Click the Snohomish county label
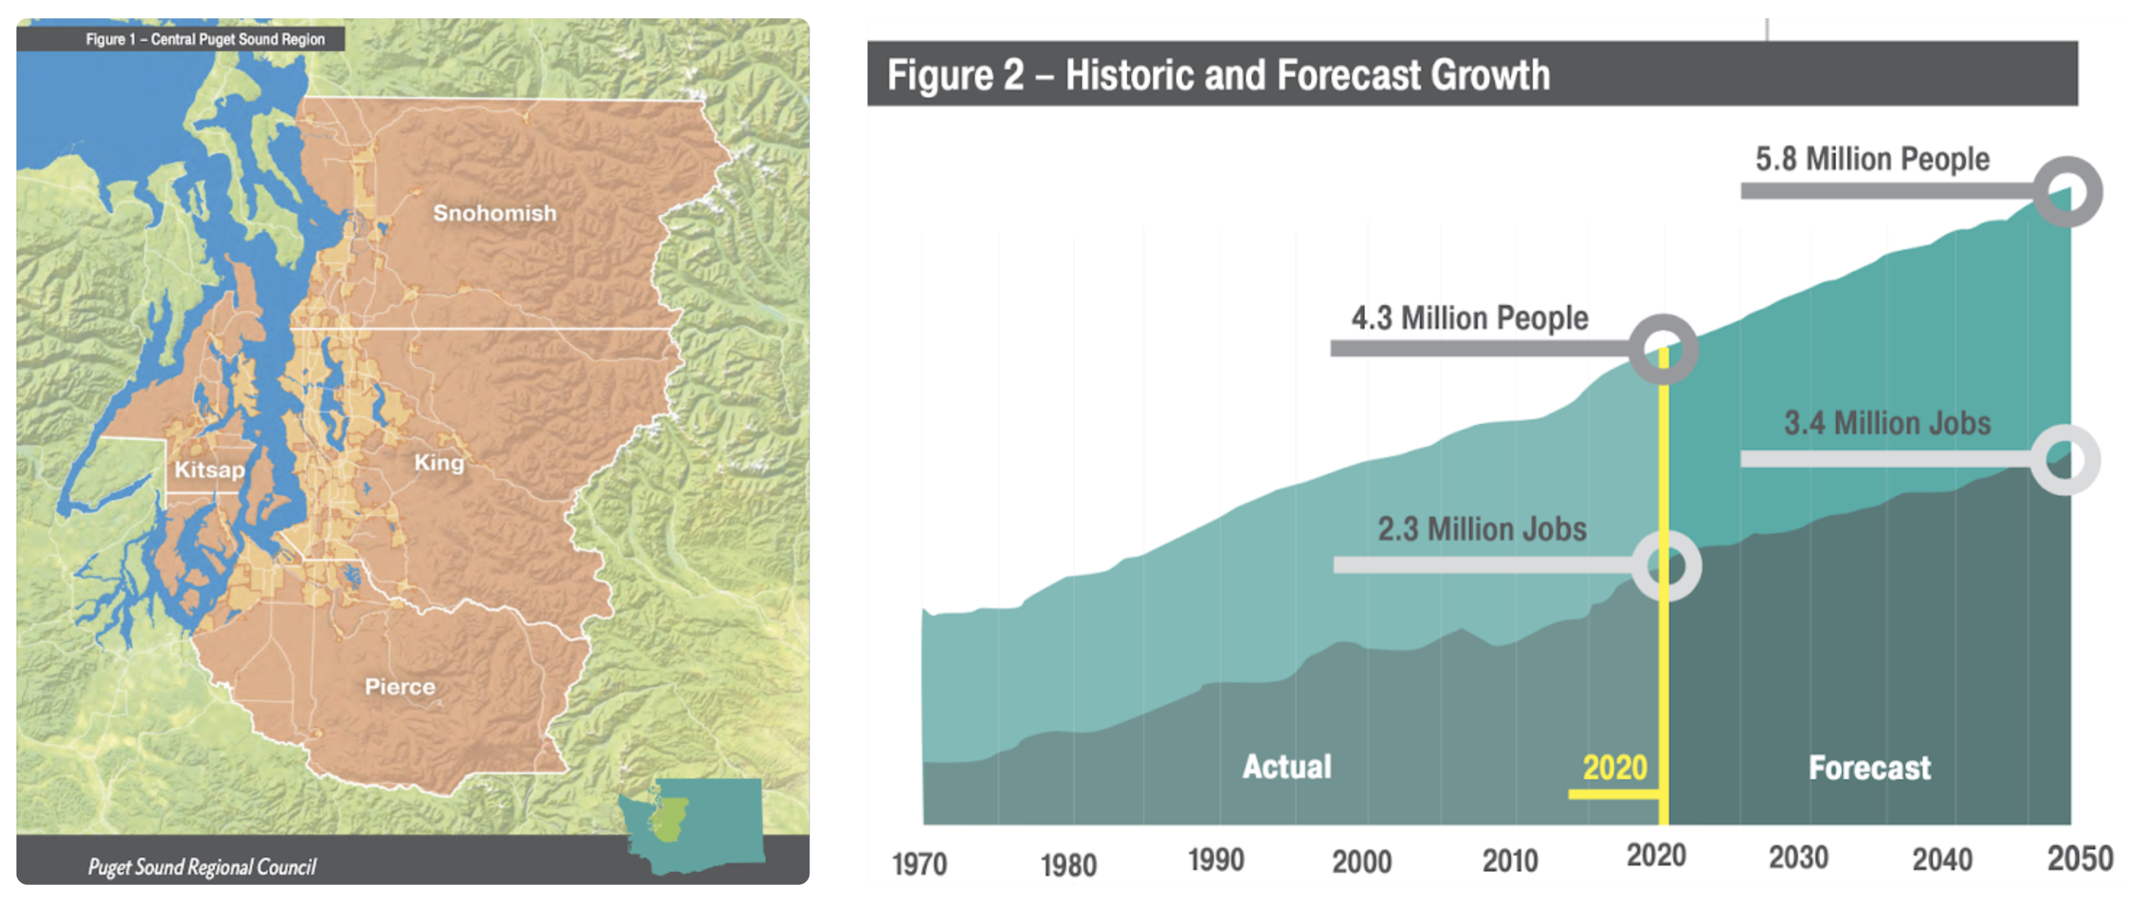(495, 213)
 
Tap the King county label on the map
(439, 463)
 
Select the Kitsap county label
(209, 470)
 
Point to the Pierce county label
(400, 687)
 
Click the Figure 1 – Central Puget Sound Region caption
(205, 39)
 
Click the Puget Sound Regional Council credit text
(202, 866)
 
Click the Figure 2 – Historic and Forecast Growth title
(1219, 75)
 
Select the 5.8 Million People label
(1872, 159)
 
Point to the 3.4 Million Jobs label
(1887, 424)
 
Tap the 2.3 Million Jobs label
(1482, 529)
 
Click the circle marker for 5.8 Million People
(2067, 192)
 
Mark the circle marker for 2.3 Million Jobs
(1667, 566)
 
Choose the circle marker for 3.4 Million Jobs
(2066, 460)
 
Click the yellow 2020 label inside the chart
(1615, 768)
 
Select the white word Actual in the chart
(1286, 767)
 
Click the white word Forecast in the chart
(1869, 769)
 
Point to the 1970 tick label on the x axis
(919, 864)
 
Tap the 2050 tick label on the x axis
(2079, 860)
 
